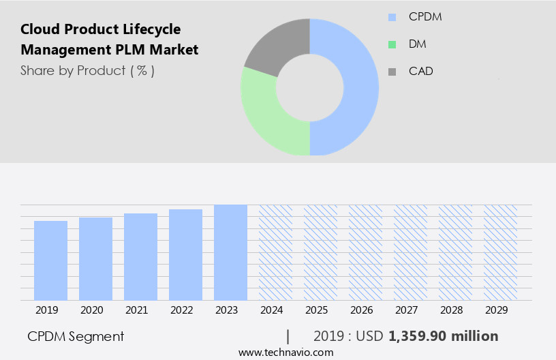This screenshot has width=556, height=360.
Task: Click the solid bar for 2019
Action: coord(50,260)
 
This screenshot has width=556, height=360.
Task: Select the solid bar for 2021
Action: coord(140,257)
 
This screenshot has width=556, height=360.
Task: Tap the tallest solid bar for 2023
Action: coord(230,252)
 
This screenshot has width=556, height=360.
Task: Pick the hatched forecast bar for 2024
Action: coord(275,252)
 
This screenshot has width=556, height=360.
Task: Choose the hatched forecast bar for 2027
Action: coord(410,252)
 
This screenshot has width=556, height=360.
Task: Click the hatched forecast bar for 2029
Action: coord(500,252)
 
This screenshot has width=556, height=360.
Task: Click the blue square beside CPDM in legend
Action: coord(392,17)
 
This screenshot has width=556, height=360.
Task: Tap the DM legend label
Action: coord(418,44)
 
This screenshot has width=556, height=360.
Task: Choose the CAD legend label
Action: coord(420,71)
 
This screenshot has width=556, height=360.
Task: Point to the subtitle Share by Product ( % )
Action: coord(87,70)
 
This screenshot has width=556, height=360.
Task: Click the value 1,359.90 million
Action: coord(443,336)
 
